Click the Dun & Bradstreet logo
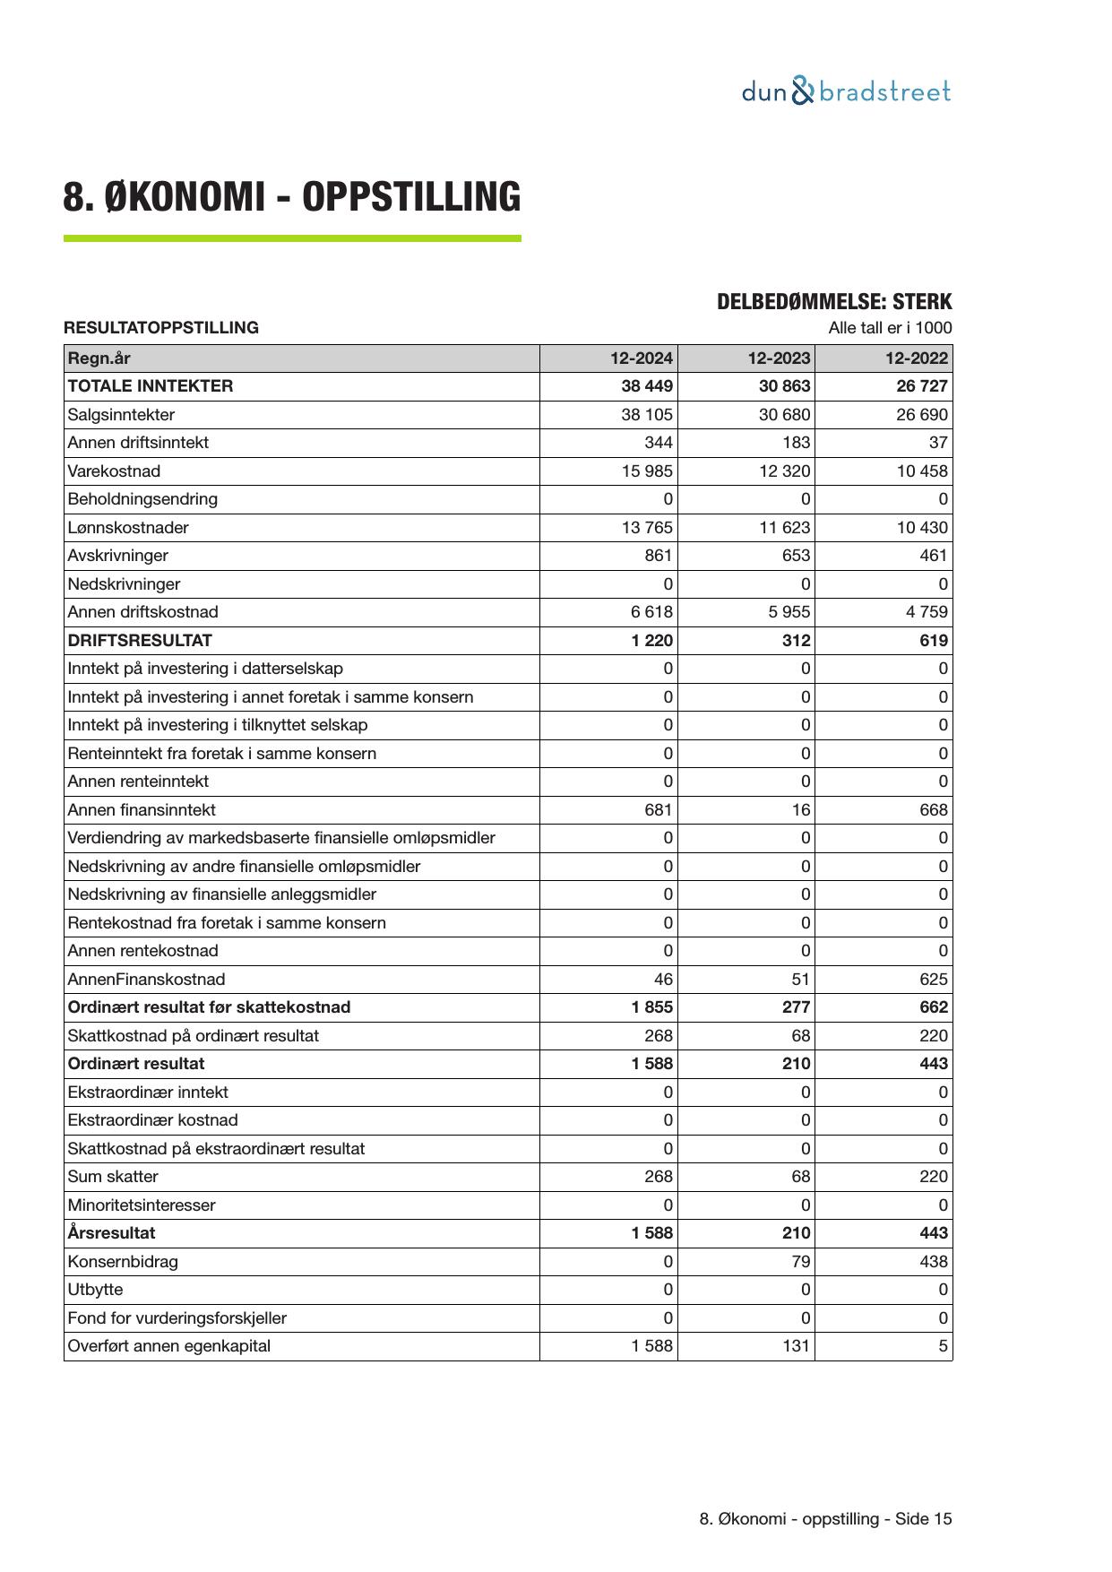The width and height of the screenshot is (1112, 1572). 846,91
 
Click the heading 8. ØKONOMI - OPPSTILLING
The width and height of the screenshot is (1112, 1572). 291,197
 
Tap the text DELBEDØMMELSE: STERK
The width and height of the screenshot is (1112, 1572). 833,302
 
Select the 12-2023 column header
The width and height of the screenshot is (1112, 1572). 779,358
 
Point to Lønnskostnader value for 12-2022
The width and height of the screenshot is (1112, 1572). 922,528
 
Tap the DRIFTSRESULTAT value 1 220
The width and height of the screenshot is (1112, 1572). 652,641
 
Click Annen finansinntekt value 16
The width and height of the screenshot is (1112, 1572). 800,810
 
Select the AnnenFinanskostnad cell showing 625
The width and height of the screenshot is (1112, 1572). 933,980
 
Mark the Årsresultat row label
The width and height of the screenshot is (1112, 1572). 111,1233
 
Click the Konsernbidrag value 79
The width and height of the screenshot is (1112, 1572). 800,1262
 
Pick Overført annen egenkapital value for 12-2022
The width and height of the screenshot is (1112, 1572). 943,1346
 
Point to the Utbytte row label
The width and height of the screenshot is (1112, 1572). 95,1290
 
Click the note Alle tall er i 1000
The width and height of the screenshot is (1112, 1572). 890,328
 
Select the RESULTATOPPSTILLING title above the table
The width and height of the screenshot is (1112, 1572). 161,328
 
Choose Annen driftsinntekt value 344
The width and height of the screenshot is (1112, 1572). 658,443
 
